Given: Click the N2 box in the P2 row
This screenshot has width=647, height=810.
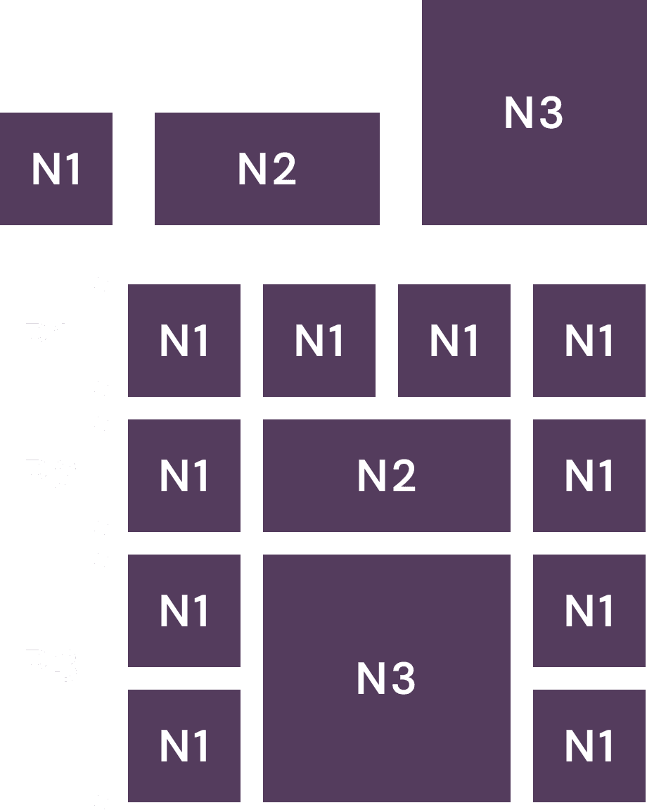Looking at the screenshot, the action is [386, 476].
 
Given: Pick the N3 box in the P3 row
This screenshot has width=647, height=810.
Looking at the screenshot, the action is [386, 678].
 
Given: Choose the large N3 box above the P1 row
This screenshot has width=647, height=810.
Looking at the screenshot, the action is [534, 113].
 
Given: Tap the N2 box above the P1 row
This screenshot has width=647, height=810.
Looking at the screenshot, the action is [267, 169].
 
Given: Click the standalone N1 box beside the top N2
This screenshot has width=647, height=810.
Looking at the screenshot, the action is [56, 169].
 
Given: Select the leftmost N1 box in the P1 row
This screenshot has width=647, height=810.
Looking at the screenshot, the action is [184, 341].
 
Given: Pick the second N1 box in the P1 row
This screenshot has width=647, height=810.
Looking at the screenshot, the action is [319, 341].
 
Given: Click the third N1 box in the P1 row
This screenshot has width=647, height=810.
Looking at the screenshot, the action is [454, 341].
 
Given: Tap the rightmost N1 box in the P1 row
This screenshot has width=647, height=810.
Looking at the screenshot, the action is [589, 341].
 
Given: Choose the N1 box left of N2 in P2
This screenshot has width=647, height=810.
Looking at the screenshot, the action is [184, 476].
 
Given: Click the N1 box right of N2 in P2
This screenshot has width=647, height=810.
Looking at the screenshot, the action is [589, 476].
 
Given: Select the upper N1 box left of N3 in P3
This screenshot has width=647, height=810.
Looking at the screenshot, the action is [184, 611].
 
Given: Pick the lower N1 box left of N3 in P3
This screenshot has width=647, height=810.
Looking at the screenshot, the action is [184, 746].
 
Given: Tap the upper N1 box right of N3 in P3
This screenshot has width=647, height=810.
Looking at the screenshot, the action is [589, 611].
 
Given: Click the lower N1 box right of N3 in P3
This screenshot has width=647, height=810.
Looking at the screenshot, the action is [589, 746].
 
